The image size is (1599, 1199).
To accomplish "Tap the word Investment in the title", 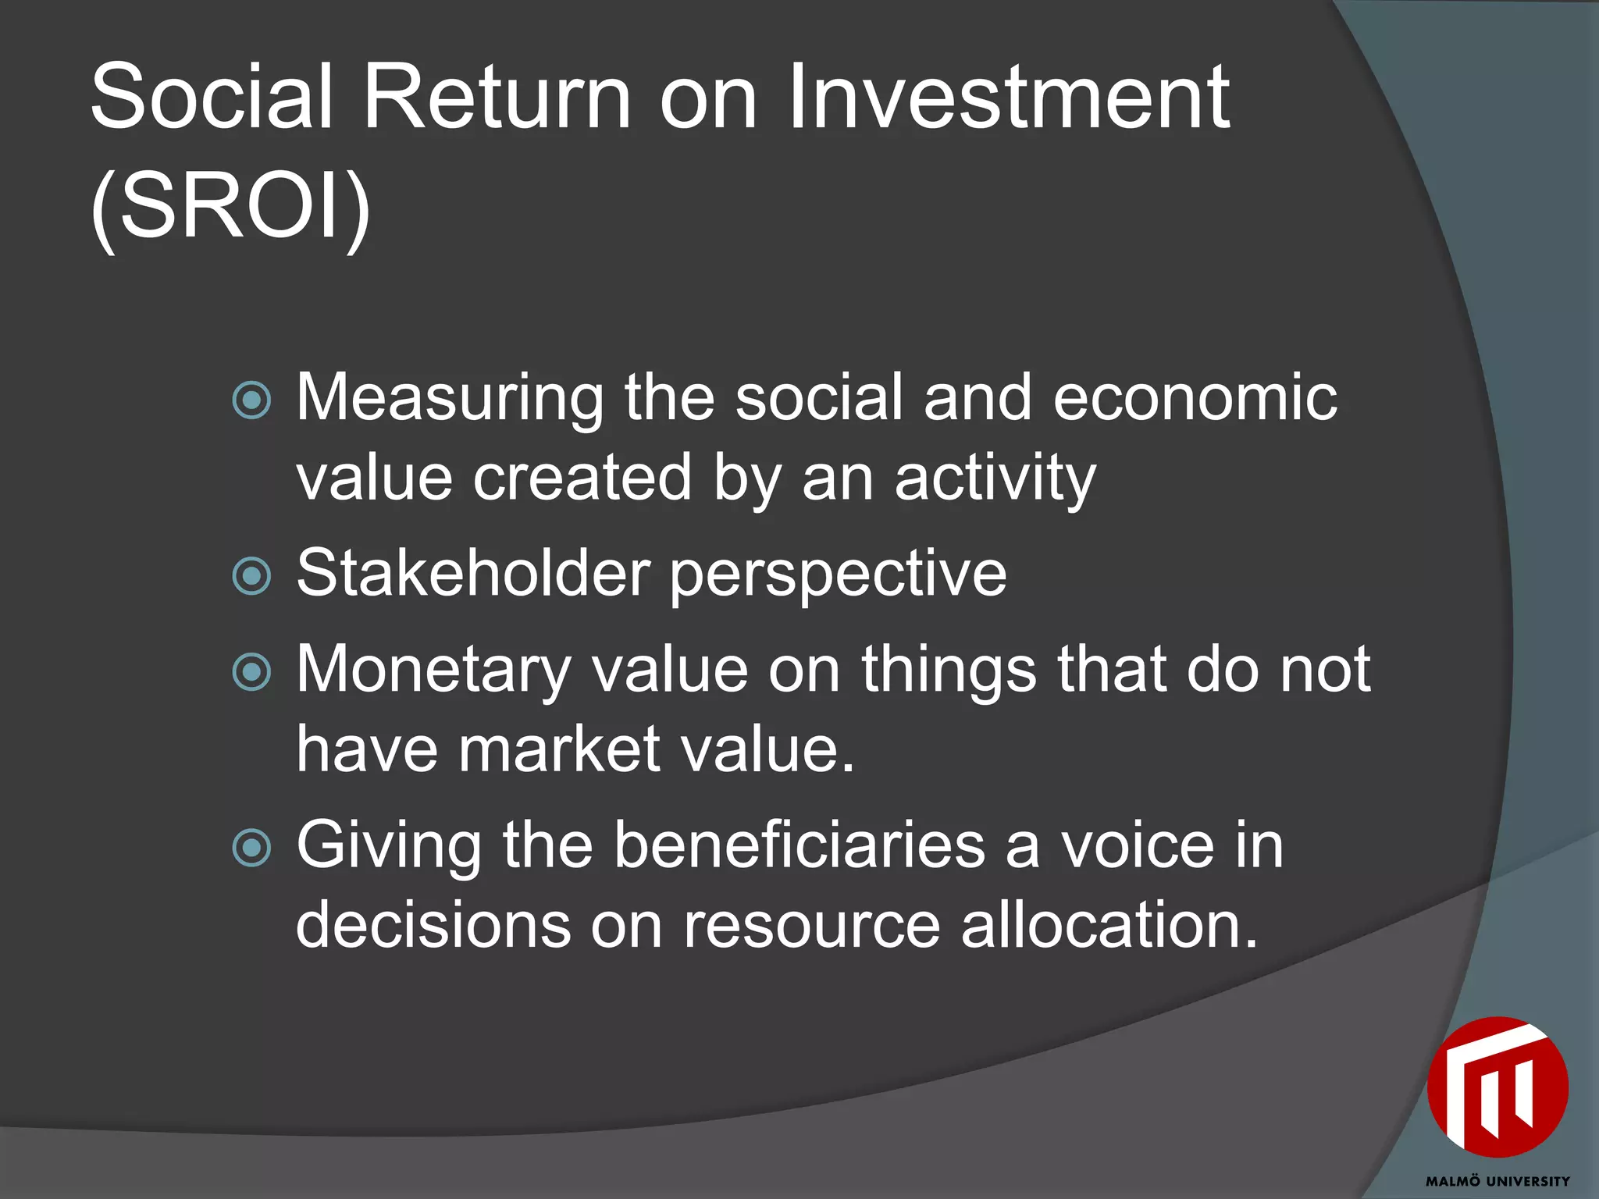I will tap(1009, 97).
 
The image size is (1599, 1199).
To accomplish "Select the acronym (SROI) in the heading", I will tap(231, 208).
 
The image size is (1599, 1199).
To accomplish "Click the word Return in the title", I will tap(497, 97).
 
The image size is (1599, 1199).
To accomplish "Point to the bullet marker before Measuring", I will tap(252, 400).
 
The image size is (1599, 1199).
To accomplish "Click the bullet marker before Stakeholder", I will tap(252, 576).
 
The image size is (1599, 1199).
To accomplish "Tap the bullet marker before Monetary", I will tap(252, 672).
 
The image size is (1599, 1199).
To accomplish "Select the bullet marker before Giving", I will tap(252, 848).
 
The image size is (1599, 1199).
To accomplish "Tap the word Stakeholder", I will tap(473, 575).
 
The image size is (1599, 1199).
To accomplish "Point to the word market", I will tap(560, 750).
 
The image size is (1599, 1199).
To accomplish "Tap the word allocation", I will tap(1109, 926).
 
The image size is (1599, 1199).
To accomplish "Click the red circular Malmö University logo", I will tap(1498, 1087).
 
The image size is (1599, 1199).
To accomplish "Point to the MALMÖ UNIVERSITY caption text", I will tap(1498, 1181).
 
